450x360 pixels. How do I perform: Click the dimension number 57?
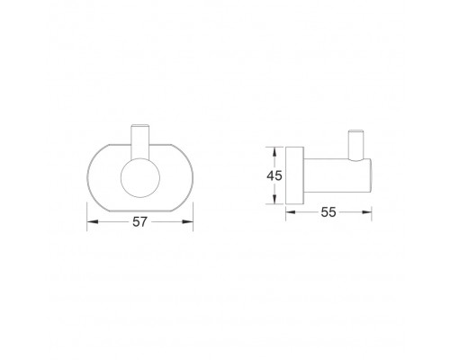[x=140, y=222]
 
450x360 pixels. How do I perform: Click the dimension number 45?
[x=274, y=175]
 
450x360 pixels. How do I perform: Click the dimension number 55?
[x=328, y=212]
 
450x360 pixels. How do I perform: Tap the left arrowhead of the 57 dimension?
[x=93, y=222]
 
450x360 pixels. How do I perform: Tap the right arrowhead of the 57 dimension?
[x=187, y=222]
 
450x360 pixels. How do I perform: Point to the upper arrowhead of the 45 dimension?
[x=274, y=152]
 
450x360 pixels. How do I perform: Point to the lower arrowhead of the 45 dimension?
[x=274, y=199]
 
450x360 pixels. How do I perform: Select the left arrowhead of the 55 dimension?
[x=291, y=212]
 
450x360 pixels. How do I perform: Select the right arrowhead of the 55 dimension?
[x=366, y=212]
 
